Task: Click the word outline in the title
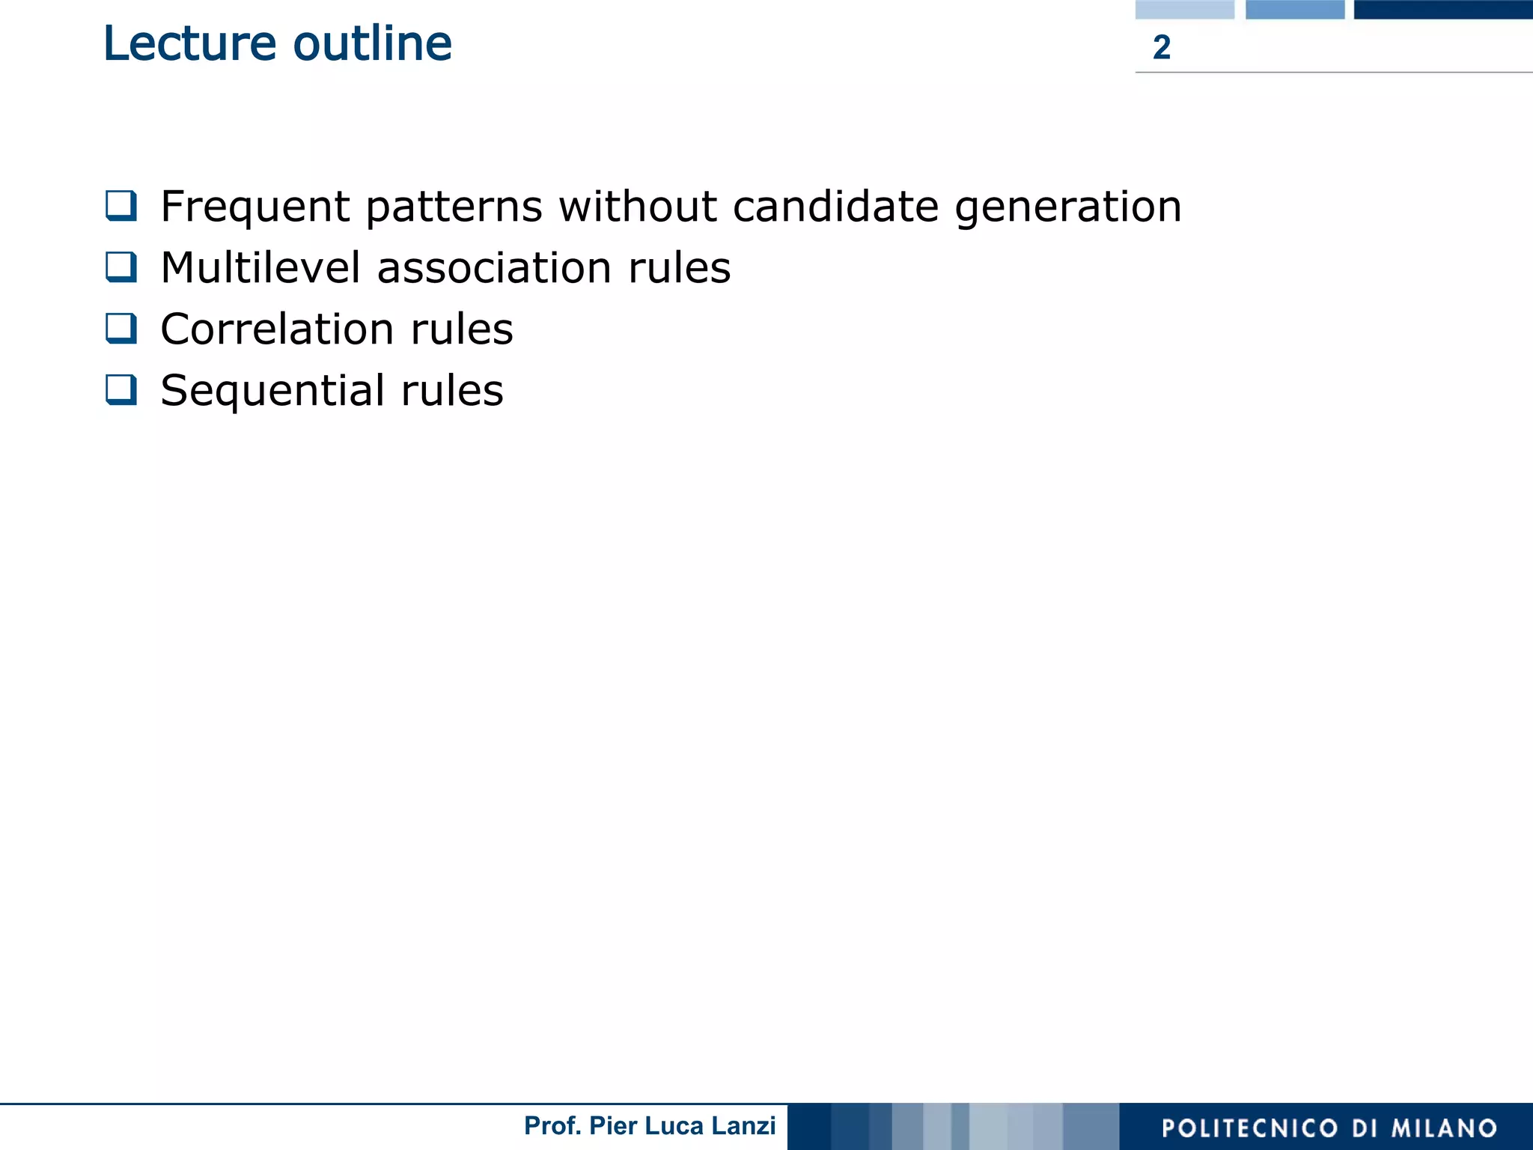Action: (372, 43)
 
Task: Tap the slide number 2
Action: (1161, 48)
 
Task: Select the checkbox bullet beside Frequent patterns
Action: (121, 206)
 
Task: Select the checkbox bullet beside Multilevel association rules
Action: (121, 267)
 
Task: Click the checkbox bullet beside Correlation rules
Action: (121, 329)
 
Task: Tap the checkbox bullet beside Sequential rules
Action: (121, 390)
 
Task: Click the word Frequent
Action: (255, 207)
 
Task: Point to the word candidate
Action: (835, 206)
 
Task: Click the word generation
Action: (1068, 207)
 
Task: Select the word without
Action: (638, 206)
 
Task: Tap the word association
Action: (494, 268)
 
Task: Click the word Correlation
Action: (277, 329)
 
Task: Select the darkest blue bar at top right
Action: (1442, 9)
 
